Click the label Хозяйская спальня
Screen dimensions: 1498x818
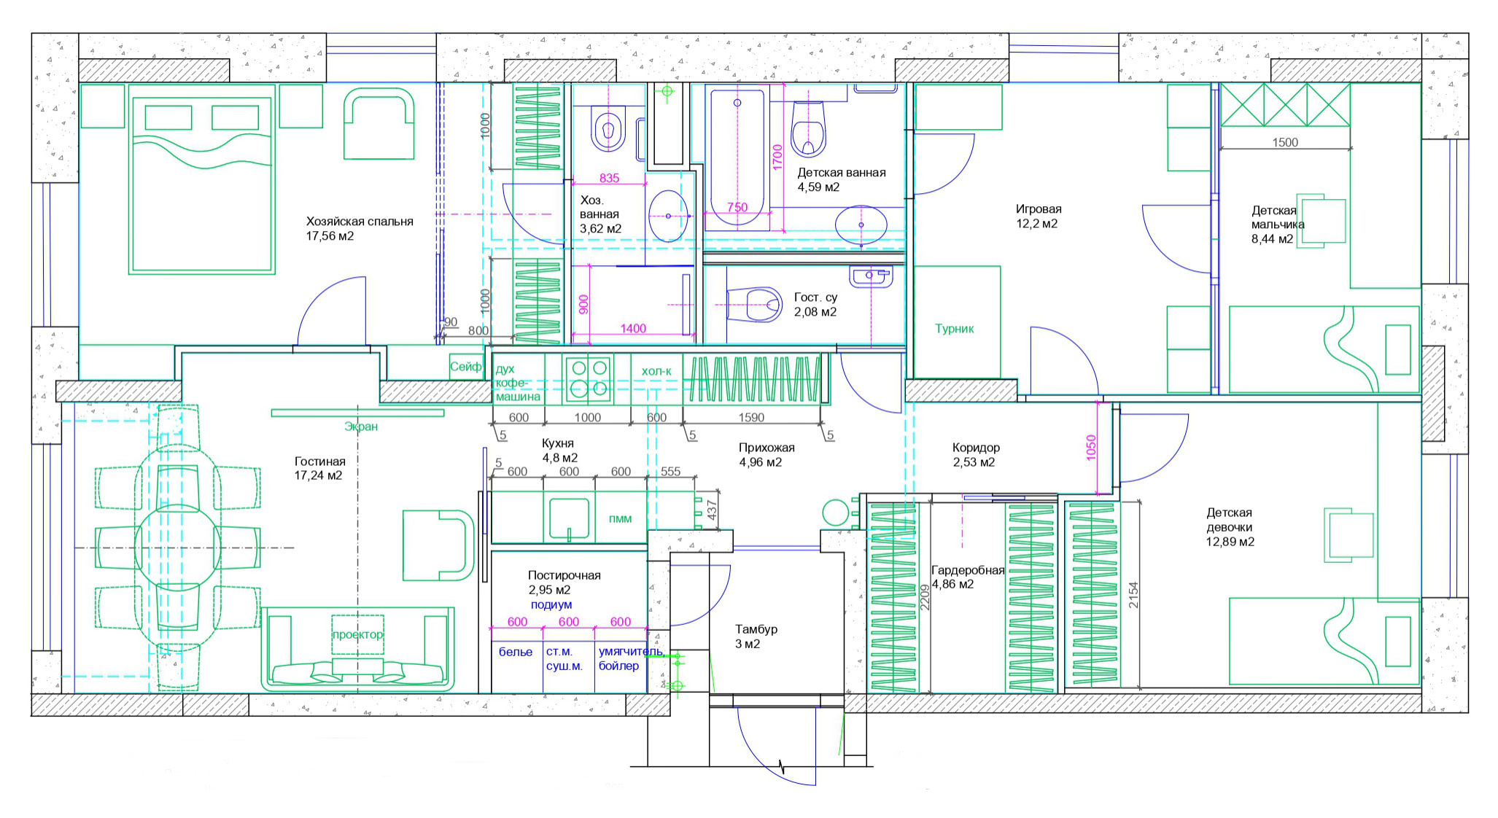[x=360, y=222]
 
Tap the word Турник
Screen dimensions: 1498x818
[x=955, y=329]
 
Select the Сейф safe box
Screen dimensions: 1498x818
[x=466, y=367]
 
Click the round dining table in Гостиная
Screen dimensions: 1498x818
[x=177, y=548]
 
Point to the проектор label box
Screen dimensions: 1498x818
[x=357, y=635]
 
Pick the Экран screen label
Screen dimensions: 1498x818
[x=361, y=426]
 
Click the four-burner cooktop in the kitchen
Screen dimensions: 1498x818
[x=589, y=378]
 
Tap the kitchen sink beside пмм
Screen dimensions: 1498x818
[x=569, y=518]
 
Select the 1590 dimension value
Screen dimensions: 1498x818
[x=751, y=418]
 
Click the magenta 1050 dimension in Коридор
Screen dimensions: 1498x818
[x=1091, y=447]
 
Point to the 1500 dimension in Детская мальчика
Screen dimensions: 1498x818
[x=1285, y=143]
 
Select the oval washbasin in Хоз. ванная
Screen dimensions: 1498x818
[x=668, y=216]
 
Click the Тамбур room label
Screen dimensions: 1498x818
[x=756, y=629]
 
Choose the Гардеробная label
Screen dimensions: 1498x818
[x=968, y=571]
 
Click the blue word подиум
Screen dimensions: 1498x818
[x=551, y=605]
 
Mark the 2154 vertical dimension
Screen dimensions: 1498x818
[x=1133, y=595]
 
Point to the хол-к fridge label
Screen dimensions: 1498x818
[x=656, y=372]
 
